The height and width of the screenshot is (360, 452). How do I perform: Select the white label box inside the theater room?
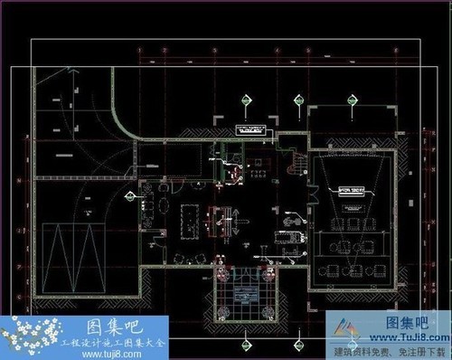[352, 190]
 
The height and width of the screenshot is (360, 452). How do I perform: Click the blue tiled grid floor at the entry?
[242, 293]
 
